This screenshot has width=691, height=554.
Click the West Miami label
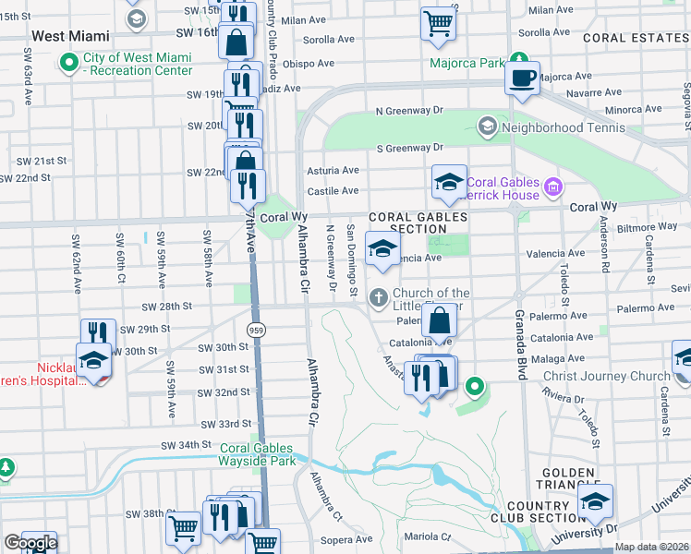70,36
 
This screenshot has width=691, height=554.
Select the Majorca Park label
467,64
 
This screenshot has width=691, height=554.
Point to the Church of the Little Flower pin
377,297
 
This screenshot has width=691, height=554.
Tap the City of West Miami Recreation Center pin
67,64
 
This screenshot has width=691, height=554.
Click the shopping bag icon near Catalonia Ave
441,319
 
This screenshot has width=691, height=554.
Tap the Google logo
30,543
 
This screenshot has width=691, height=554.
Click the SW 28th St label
167,306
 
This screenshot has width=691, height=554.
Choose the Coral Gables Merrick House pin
553,187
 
